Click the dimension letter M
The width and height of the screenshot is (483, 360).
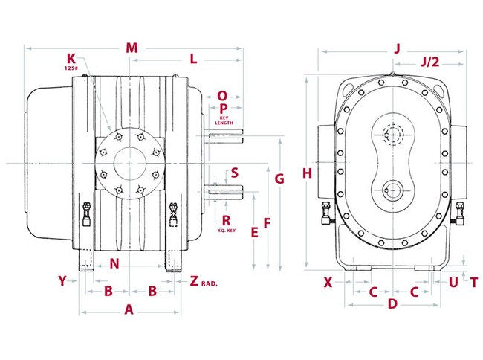(x=132, y=48)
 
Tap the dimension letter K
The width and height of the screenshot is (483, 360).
(x=71, y=58)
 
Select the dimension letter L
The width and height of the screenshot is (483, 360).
(x=192, y=58)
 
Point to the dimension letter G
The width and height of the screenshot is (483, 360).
(x=279, y=179)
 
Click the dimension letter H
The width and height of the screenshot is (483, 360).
(x=307, y=173)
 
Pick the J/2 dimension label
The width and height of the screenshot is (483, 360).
(x=429, y=62)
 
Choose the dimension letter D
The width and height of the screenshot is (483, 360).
(x=393, y=303)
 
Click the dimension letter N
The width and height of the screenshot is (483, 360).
(x=114, y=263)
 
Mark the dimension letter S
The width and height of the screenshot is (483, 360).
(x=234, y=173)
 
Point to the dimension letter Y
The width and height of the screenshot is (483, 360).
(x=62, y=281)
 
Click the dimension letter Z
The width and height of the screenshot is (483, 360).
(x=194, y=281)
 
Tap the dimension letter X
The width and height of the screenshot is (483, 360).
(x=328, y=282)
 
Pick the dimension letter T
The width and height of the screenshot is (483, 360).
(x=473, y=282)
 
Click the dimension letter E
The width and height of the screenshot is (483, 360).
(x=254, y=232)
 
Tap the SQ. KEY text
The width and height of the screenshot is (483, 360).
(x=227, y=231)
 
